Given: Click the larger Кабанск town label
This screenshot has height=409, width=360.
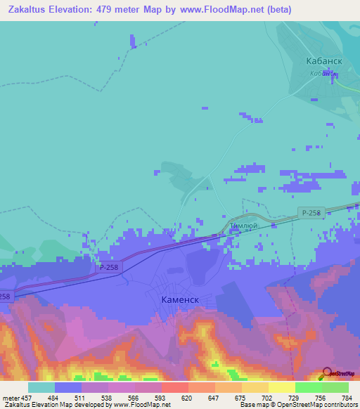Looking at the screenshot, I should point(324,61).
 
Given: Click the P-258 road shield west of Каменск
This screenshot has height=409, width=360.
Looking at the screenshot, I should point(109,267).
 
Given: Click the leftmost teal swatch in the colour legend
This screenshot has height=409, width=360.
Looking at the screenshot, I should point(41,387).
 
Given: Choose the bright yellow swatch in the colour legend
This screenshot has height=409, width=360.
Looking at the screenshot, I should point(281,387).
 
